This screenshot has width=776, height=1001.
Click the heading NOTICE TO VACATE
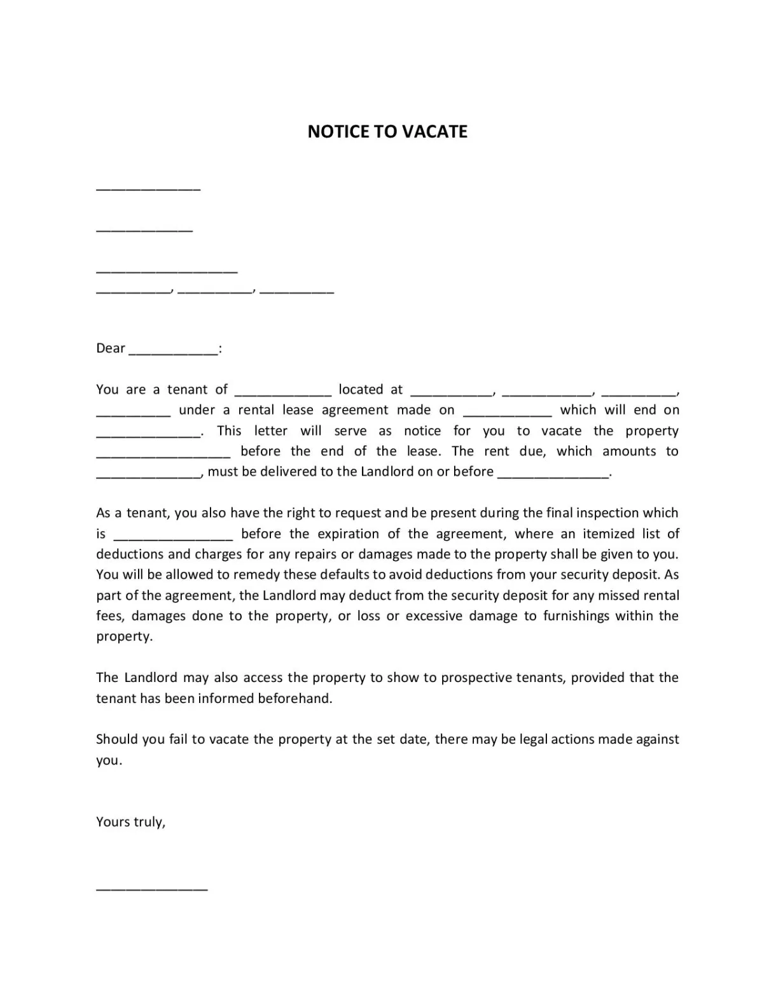(387, 131)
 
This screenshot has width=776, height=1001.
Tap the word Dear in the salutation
(111, 348)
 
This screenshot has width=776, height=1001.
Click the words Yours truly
(130, 822)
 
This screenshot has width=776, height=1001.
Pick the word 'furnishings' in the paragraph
(576, 616)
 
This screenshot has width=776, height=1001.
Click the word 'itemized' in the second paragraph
(608, 534)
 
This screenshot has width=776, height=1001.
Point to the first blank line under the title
(148, 189)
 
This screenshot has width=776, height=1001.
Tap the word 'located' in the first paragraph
(361, 390)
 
